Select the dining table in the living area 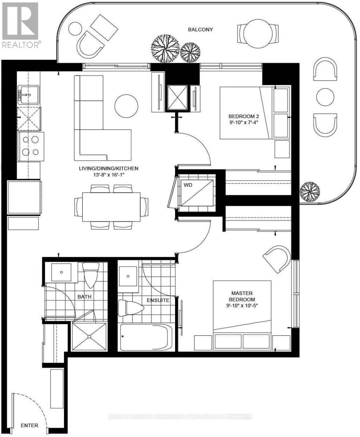[x=111, y=206]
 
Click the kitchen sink [x=28, y=94]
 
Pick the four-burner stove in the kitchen [x=30, y=146]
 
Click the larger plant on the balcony [x=165, y=49]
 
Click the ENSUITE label [x=158, y=300]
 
